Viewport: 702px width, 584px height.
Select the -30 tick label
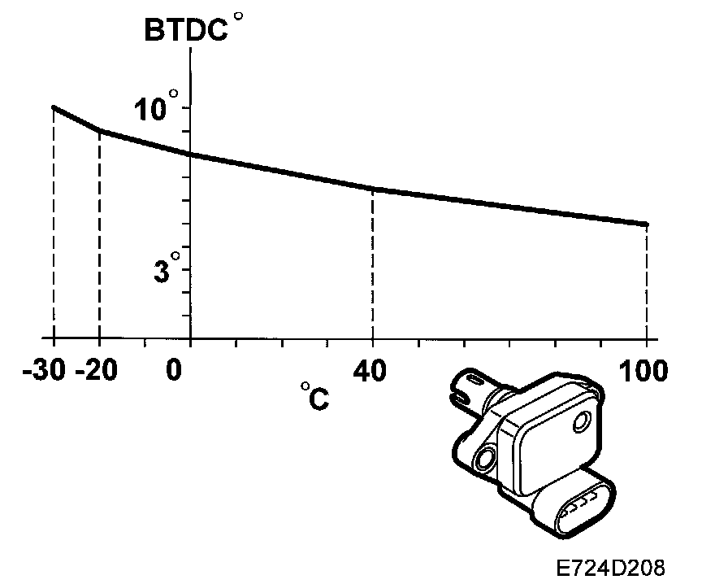coord(44,371)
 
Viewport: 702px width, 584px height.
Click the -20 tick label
coord(97,371)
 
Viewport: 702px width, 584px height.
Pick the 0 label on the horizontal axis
coord(174,371)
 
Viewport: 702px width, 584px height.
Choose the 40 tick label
coord(370,371)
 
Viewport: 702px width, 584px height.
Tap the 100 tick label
coord(643,371)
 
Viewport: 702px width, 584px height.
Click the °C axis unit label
coord(315,396)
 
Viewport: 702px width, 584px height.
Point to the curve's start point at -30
coord(54,107)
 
